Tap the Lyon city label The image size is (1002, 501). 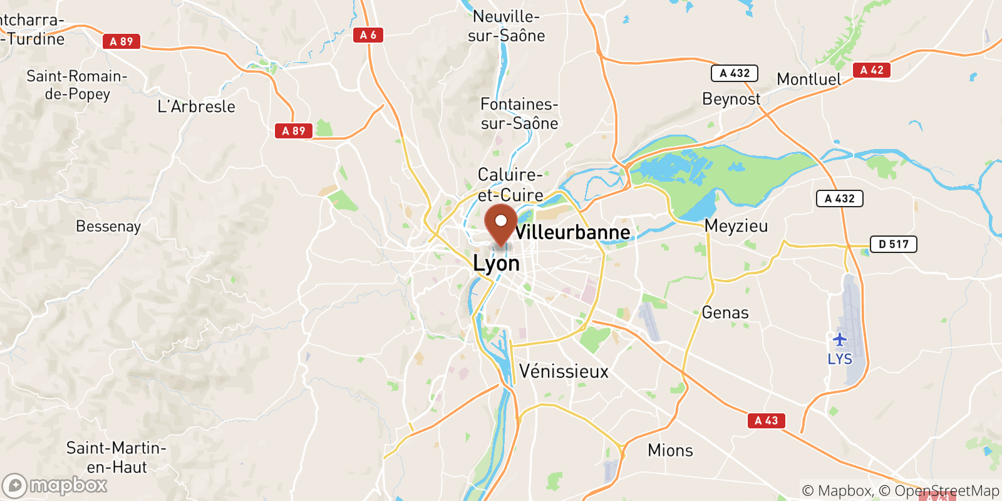pos(496,264)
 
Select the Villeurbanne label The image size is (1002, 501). pos(572,232)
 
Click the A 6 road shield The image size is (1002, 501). pos(368,35)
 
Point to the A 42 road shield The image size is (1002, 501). pos(871,70)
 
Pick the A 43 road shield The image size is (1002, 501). pos(766,421)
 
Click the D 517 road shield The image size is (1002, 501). pos(893,244)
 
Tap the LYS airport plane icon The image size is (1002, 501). pos(840,340)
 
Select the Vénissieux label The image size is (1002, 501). pos(564,371)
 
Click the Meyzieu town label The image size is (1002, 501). pos(736,226)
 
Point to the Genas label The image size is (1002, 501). pos(725,312)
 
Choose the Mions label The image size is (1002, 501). pos(670,450)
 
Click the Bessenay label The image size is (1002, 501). pos(108,226)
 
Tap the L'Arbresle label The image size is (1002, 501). pos(196,106)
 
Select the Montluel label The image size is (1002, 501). pos(809,80)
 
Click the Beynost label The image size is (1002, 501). pos(731,99)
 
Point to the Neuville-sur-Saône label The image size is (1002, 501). pos(506,26)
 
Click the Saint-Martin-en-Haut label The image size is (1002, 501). pos(116,457)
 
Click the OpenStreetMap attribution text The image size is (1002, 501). pos(946,490)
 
